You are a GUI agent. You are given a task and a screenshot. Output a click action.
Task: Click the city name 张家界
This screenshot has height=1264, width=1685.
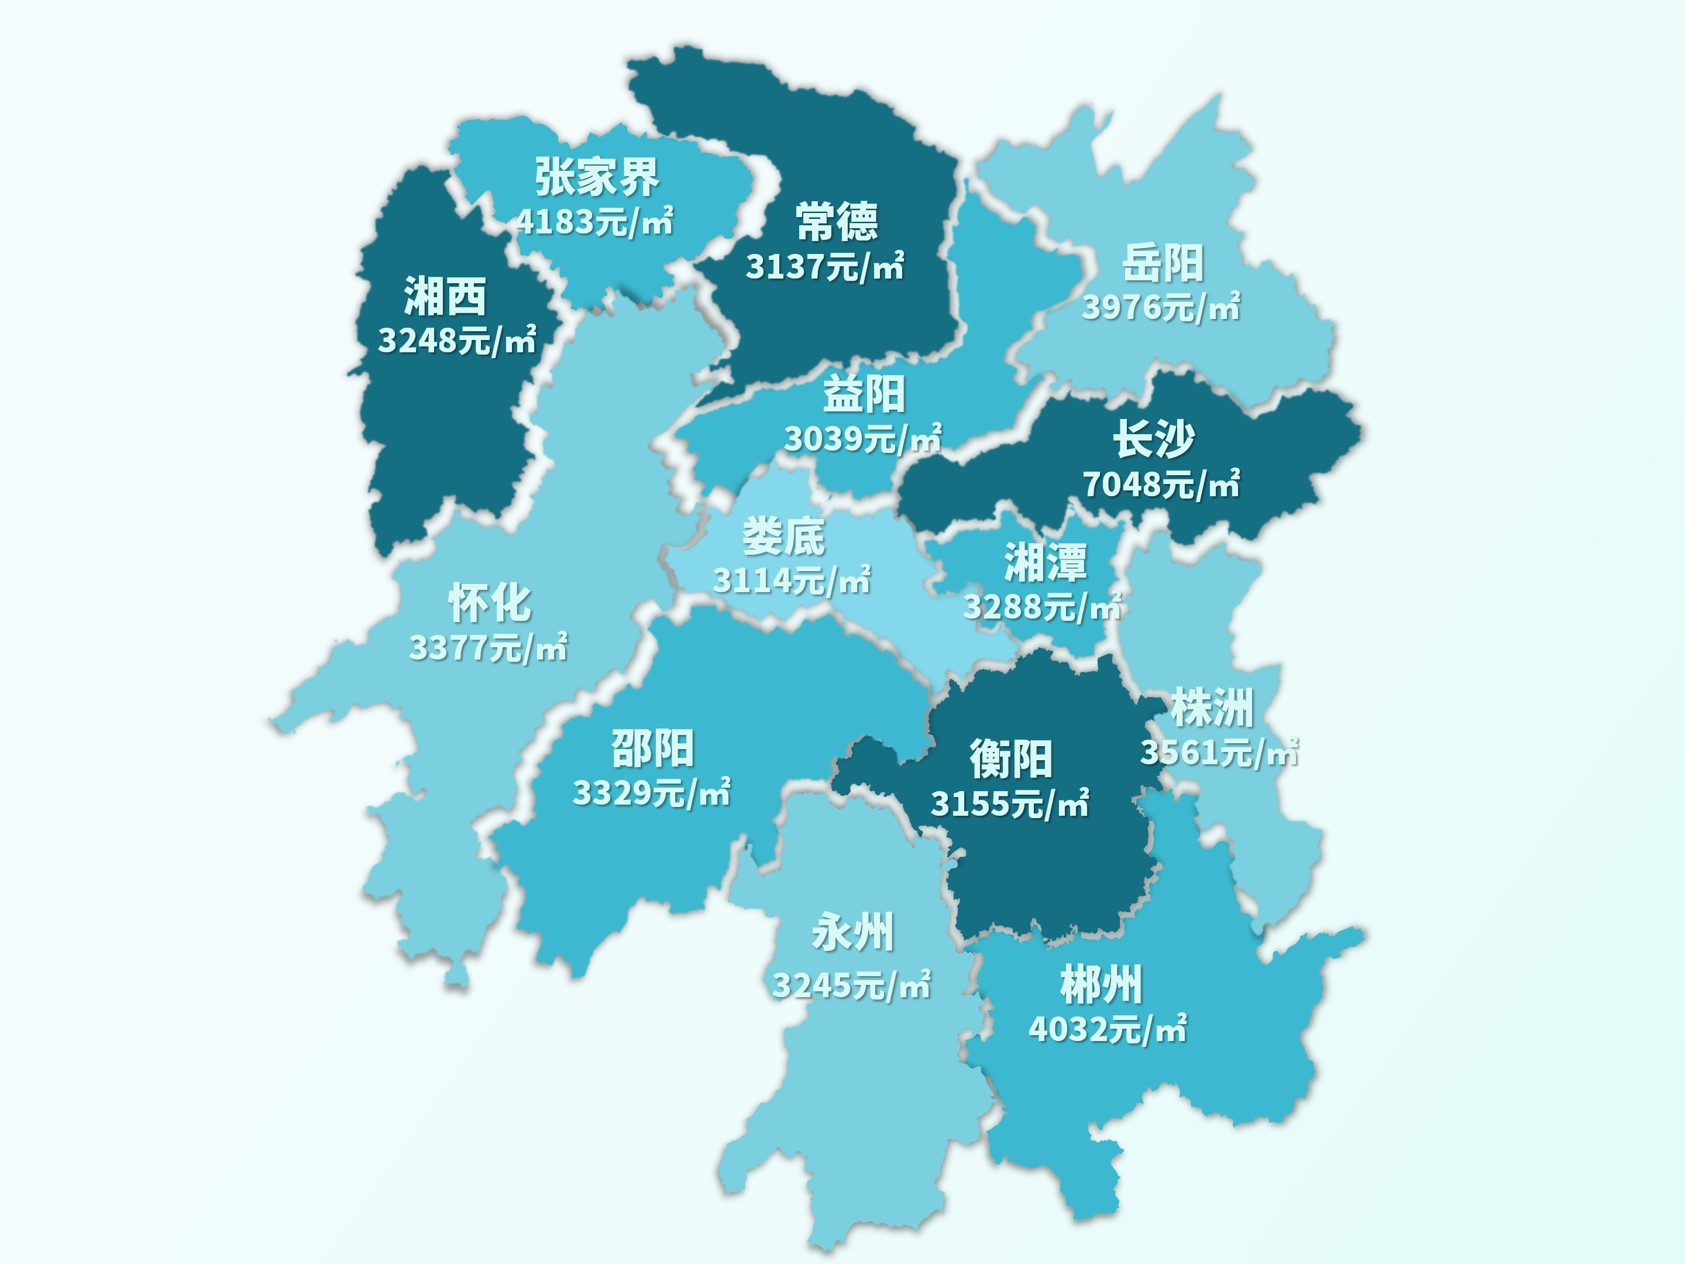596,177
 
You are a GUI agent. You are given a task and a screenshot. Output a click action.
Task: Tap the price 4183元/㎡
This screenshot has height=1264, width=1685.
594,222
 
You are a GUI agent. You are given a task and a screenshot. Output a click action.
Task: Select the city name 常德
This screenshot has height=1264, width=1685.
837,222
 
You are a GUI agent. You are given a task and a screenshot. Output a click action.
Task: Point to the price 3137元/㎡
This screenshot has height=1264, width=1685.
824,267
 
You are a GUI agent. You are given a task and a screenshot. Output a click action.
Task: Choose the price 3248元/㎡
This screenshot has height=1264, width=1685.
457,340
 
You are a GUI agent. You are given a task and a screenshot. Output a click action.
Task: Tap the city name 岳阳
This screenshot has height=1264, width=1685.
1163,263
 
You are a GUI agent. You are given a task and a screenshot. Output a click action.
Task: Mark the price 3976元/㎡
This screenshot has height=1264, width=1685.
1161,307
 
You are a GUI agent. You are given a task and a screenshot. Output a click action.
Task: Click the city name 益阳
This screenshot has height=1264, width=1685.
864,394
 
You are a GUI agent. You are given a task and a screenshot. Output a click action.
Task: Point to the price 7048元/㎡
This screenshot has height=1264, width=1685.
1161,484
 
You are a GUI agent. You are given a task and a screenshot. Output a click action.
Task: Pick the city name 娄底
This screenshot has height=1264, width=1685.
783,537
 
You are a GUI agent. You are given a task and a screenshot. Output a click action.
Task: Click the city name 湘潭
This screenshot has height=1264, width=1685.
1045,562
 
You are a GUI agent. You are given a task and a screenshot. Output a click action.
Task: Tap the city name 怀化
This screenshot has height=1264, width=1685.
489,603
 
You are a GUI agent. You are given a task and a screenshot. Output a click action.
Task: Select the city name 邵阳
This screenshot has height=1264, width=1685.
653,748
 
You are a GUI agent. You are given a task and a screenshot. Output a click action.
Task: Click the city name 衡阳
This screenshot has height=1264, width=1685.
1011,760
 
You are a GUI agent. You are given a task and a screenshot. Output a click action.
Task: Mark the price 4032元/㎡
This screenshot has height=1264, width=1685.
1108,1029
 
